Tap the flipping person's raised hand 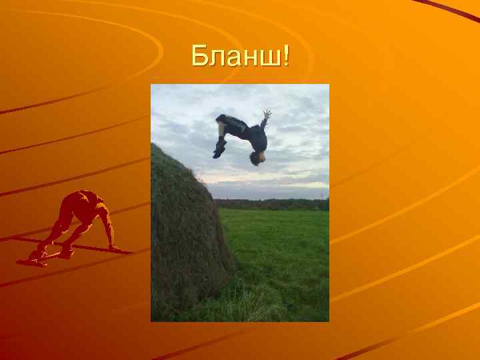tap(267, 115)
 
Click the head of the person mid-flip tap(256, 158)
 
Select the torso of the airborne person tap(257, 136)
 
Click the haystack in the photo tap(183, 233)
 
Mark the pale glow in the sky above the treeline tap(280, 183)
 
